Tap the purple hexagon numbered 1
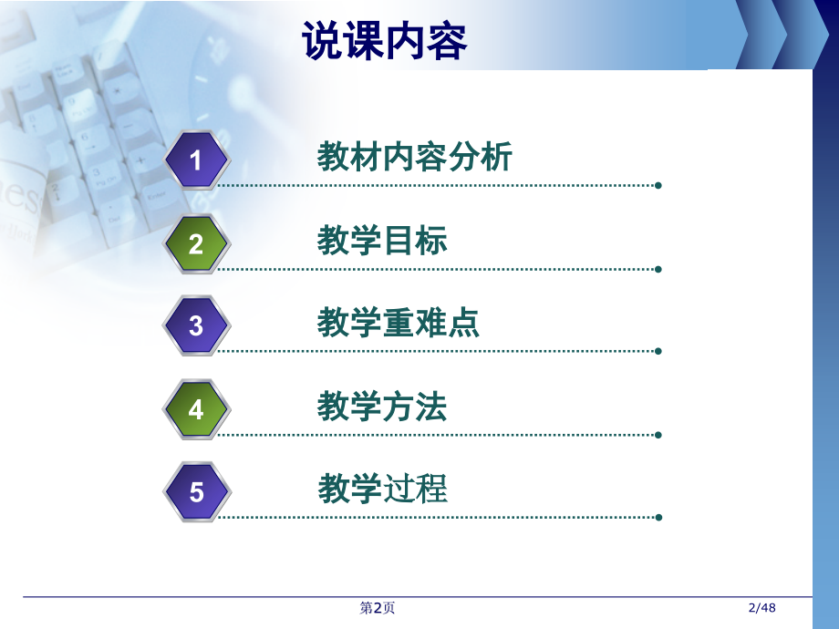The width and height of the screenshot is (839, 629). tap(196, 161)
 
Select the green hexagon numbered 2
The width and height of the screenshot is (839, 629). tap(196, 243)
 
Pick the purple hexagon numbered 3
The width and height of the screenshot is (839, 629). tap(196, 325)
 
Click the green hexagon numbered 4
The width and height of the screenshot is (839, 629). tap(196, 409)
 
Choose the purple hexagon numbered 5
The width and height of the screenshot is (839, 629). tap(196, 492)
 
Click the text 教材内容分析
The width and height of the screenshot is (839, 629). tap(415, 158)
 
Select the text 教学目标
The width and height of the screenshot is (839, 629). tap(382, 241)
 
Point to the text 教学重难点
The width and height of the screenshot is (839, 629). tap(399, 323)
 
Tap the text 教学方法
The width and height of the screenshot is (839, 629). tap(382, 407)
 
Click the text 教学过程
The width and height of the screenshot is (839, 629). tap(383, 490)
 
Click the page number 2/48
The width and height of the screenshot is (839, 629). tap(761, 608)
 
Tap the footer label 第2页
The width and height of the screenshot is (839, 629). tap(378, 608)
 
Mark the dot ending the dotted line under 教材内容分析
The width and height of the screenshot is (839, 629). tap(658, 185)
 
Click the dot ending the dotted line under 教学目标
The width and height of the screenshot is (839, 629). tap(658, 269)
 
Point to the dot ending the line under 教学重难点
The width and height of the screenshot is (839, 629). tap(658, 351)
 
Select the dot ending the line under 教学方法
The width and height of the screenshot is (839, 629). tap(658, 434)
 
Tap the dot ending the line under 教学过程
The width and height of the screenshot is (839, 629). tap(658, 517)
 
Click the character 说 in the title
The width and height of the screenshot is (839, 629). tap(322, 41)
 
